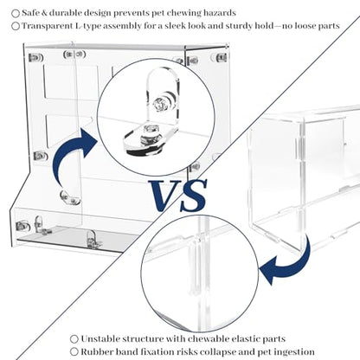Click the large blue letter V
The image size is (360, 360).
163,196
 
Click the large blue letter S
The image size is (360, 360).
193,196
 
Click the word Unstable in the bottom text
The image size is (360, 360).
100,338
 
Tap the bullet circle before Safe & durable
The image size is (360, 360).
16,13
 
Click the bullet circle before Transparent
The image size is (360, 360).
16,26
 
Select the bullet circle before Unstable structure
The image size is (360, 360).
74,339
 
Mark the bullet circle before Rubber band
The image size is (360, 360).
74,352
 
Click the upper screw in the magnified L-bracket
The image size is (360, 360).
157,104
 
